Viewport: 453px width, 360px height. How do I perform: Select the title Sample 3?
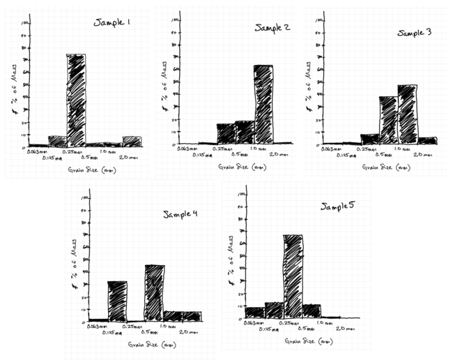pyautogui.click(x=415, y=32)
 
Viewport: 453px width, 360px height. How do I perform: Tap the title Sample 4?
pyautogui.click(x=180, y=213)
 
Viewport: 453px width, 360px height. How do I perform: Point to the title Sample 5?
pyautogui.click(x=339, y=207)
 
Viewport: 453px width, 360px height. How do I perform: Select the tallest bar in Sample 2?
pyautogui.click(x=263, y=104)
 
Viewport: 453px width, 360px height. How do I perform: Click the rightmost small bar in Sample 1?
pyautogui.click(x=132, y=142)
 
